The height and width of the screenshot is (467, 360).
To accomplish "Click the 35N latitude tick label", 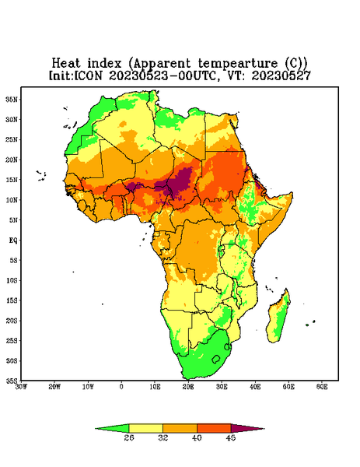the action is coord(12,100).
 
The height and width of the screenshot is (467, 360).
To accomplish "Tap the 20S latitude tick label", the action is coord(12,321).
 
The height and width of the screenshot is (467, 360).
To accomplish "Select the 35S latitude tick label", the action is coord(12,381).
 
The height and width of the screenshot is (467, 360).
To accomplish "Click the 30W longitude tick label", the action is coord(21,387).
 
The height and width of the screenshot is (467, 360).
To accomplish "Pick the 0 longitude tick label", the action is coord(121,387).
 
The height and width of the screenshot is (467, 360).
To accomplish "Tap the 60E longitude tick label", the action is coord(322,387).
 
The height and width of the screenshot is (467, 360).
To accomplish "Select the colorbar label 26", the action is coord(129,437).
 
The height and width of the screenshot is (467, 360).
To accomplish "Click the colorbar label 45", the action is coord(231,437).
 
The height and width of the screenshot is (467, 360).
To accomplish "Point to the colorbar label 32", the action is coord(163,437).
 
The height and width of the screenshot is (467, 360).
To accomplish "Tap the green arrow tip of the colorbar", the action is coord(96,429).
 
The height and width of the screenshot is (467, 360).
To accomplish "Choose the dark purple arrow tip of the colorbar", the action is coord(264,429).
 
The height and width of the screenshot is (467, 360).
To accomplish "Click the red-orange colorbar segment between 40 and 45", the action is coord(214,429).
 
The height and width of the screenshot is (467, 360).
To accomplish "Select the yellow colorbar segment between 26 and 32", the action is coord(145,429).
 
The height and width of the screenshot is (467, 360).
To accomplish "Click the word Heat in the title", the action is coord(66,63).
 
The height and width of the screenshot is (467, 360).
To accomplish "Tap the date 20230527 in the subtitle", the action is coord(281,75).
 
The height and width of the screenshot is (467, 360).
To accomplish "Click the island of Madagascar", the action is coord(278,318).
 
